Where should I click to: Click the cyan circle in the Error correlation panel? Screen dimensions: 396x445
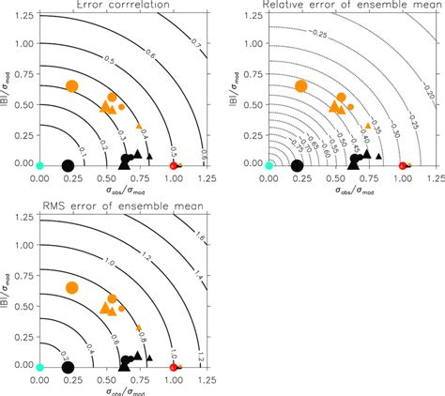[39, 165]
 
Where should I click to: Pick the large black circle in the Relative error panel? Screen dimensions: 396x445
[298, 165]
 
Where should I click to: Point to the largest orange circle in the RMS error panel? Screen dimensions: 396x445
[71, 287]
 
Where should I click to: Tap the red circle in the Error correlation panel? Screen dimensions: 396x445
[173, 165]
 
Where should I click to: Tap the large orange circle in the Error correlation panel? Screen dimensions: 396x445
[71, 86]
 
